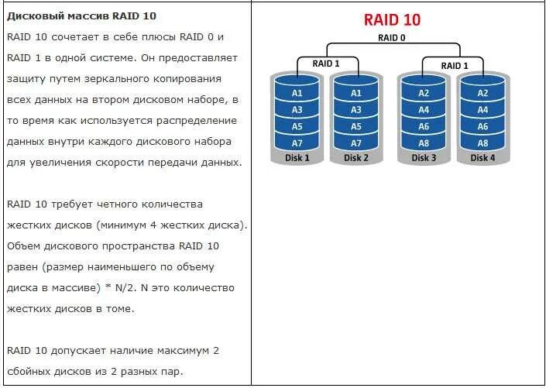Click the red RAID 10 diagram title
click(390, 19)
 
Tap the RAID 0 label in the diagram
click(391, 37)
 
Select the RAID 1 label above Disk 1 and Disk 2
click(326, 64)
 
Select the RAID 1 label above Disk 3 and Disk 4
click(454, 65)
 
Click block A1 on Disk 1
click(297, 93)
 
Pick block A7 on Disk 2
click(356, 143)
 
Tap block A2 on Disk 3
click(424, 93)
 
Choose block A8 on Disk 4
click(482, 143)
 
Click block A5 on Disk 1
click(297, 126)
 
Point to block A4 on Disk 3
click(424, 109)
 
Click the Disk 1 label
click(297, 158)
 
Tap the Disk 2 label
click(356, 158)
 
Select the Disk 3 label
click(424, 158)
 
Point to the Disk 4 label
click(482, 158)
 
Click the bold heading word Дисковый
click(33, 15)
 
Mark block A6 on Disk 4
click(482, 126)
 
